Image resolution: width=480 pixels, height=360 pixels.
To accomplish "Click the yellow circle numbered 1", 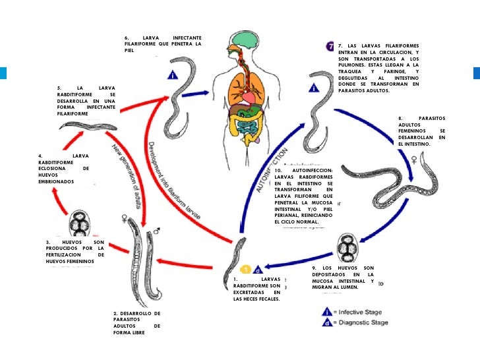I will tap(245, 269).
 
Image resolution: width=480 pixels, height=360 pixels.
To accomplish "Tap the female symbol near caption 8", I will tap(414, 159).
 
